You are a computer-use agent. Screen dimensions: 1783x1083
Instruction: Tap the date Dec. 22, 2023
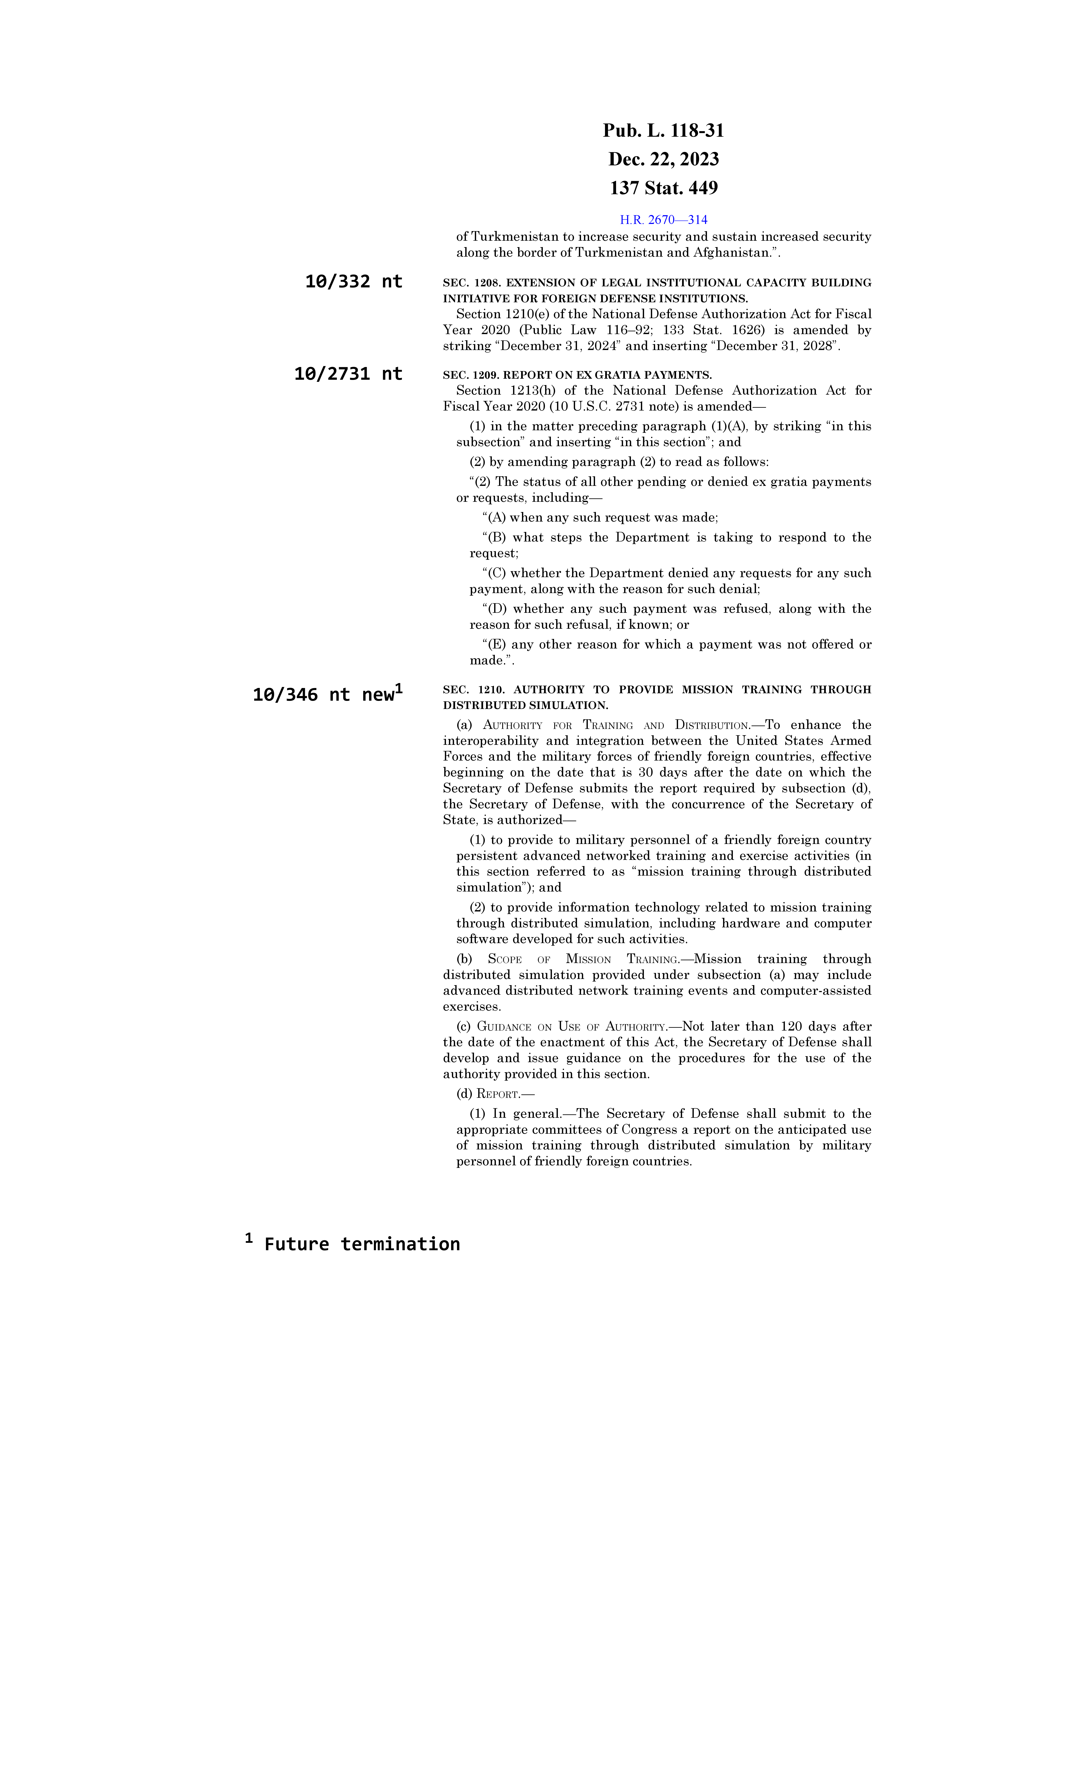pyautogui.click(x=663, y=159)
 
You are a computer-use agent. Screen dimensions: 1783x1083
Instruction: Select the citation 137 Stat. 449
pyautogui.click(x=663, y=188)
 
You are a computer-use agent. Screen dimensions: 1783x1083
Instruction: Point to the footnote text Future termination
pyautogui.click(x=362, y=1245)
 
